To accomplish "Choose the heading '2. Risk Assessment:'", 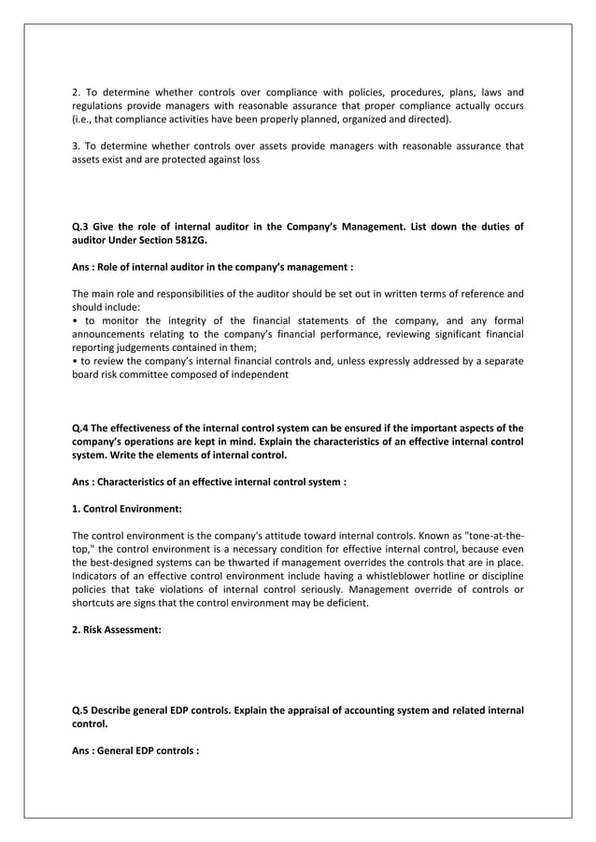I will tap(117, 631).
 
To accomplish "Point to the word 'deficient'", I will tap(348, 603).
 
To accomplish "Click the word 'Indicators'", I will tap(97, 576).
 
